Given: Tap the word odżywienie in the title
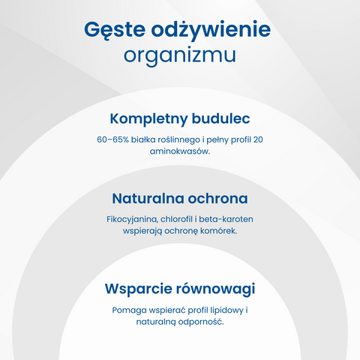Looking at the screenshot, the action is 211,29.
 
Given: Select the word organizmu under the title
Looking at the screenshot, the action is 180,55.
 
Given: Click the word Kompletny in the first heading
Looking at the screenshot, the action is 148,119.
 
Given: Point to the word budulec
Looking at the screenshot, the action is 221,118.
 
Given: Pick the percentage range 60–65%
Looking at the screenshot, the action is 112,139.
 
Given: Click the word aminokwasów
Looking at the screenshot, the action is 180,151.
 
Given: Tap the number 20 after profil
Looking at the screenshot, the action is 258,139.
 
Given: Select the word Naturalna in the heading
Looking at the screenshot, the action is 148,199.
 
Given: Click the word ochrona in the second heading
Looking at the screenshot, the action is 218,199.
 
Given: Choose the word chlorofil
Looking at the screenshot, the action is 177,219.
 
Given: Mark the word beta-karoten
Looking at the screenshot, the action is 226,219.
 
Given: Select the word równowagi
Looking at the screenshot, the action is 216,289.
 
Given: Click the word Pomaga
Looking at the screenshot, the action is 130,310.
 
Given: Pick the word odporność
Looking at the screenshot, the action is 205,322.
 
